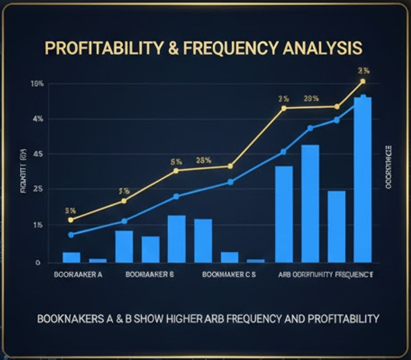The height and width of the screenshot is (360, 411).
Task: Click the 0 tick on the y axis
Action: tap(38, 263)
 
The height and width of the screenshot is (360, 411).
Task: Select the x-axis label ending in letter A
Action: tap(78, 274)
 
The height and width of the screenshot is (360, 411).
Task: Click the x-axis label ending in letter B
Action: tap(150, 274)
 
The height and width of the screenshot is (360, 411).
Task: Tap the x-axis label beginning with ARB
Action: tap(325, 274)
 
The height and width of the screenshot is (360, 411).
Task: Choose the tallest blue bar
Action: tap(362, 178)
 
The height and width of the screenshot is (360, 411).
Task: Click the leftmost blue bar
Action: tap(71, 257)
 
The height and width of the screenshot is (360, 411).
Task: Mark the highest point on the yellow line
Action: tap(363, 81)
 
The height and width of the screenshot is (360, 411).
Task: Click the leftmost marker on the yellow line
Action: tap(71, 220)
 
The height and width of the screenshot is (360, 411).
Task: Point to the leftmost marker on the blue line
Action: tap(71, 234)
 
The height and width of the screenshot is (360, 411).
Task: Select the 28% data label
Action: tap(204, 161)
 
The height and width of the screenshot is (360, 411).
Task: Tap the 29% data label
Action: tap(311, 98)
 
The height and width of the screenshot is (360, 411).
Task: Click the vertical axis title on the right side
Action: tap(388, 166)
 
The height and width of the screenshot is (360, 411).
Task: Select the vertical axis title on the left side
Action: tap(23, 175)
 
